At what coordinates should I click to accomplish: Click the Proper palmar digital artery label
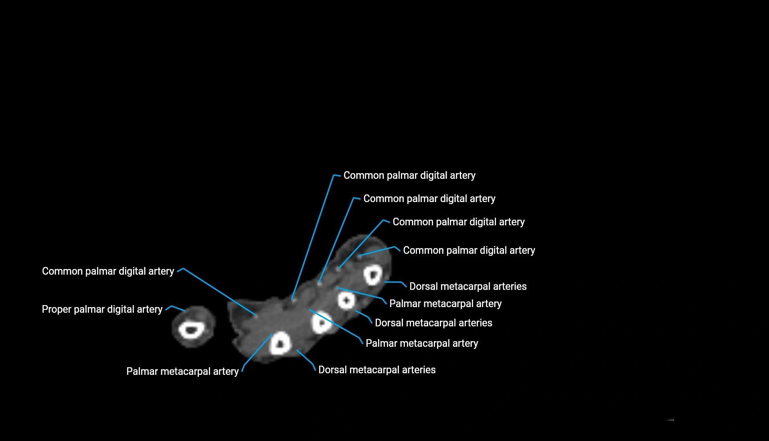pos(102,309)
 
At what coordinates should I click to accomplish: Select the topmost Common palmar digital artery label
pos(409,175)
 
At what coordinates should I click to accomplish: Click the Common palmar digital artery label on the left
pos(108,271)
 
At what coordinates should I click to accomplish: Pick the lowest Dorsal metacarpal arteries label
pos(376,370)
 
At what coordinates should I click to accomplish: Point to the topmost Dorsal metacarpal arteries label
pos(467,286)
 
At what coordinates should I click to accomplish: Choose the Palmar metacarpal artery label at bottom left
pos(182,371)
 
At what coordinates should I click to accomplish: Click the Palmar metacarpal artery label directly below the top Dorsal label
pos(445,303)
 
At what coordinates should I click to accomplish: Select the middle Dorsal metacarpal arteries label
pos(433,323)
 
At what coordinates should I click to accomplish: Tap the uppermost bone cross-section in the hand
pos(372,275)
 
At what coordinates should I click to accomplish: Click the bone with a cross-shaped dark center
pos(346,300)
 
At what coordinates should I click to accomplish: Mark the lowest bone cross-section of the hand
pos(280,344)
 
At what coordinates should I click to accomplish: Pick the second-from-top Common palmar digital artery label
pos(429,198)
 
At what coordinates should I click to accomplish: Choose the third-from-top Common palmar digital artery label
pos(458,222)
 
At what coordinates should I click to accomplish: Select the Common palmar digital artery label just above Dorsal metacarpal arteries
pos(469,250)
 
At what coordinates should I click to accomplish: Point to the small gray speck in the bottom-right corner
pos(671,420)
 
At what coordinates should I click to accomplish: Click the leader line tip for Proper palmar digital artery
pos(185,311)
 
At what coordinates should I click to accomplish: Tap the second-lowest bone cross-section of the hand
pos(322,322)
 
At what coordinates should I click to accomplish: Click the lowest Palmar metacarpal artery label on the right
pos(421,343)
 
